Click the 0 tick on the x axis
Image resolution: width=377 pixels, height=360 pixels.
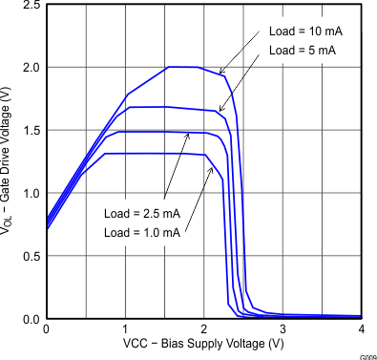(46, 329)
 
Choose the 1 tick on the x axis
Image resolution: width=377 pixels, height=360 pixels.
(125, 329)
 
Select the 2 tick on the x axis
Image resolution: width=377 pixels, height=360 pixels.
(203, 329)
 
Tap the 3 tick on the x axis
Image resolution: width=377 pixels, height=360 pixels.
(283, 329)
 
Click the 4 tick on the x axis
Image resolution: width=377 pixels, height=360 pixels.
(361, 329)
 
